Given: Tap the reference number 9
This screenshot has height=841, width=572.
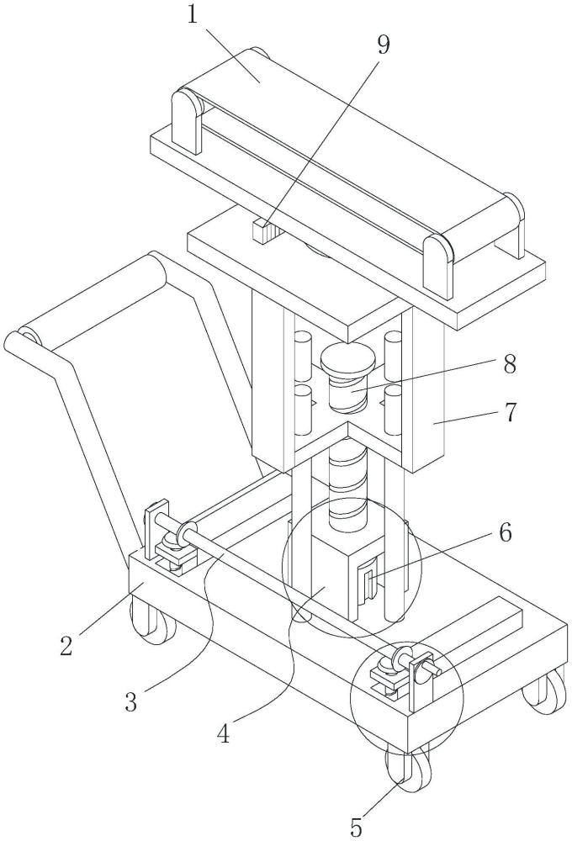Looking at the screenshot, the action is pos(383,45).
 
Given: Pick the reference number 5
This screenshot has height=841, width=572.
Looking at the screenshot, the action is pos(356,828).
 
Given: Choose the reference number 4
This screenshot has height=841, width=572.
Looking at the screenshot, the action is pos(223,733).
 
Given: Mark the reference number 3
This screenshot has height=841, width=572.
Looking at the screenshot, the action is pos(131,701).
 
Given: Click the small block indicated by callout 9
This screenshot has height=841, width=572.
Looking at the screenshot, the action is pos(262,231).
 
